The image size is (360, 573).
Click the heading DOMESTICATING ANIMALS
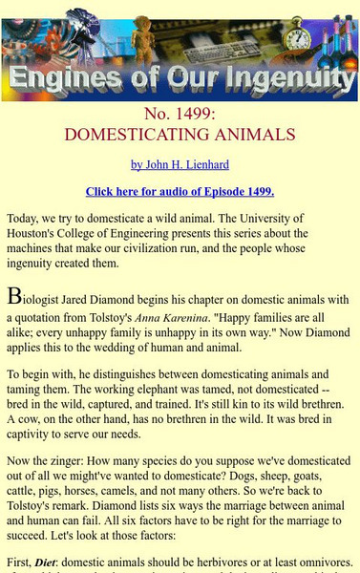pos(180,135)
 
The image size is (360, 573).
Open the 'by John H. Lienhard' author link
pos(180,164)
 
